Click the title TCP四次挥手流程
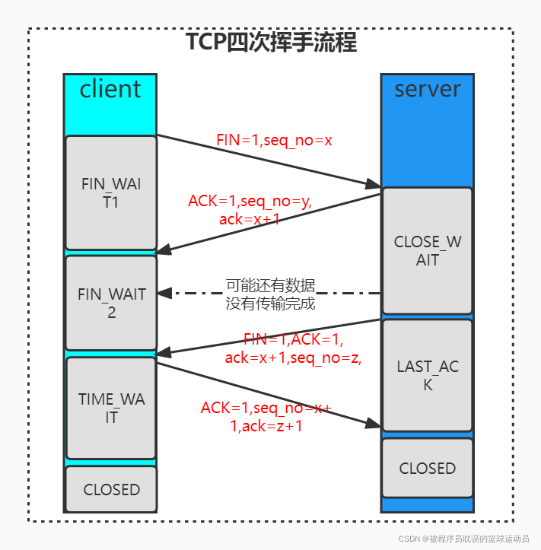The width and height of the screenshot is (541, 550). [272, 42]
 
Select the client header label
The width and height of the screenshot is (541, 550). [110, 90]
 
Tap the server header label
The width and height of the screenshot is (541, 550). [427, 90]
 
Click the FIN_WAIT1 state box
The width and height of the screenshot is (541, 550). [111, 192]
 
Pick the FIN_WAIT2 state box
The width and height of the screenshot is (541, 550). [111, 302]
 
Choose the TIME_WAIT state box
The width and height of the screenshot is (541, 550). [111, 408]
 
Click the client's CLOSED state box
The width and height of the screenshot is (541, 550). [111, 489]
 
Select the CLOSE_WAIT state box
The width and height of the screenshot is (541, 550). [427, 250]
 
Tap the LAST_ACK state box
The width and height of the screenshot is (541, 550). [427, 375]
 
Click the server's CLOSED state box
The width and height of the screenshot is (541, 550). [427, 468]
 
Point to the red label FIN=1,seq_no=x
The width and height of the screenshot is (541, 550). [275, 141]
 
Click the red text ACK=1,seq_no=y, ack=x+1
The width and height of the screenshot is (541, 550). [250, 210]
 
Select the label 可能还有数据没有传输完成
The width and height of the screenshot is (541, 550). [271, 294]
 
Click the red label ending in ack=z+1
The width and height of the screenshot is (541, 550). [266, 417]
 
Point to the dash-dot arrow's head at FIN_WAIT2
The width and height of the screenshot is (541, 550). [162, 293]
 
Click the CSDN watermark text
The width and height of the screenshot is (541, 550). [464, 538]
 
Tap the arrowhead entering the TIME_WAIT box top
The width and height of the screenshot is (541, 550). [162, 352]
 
